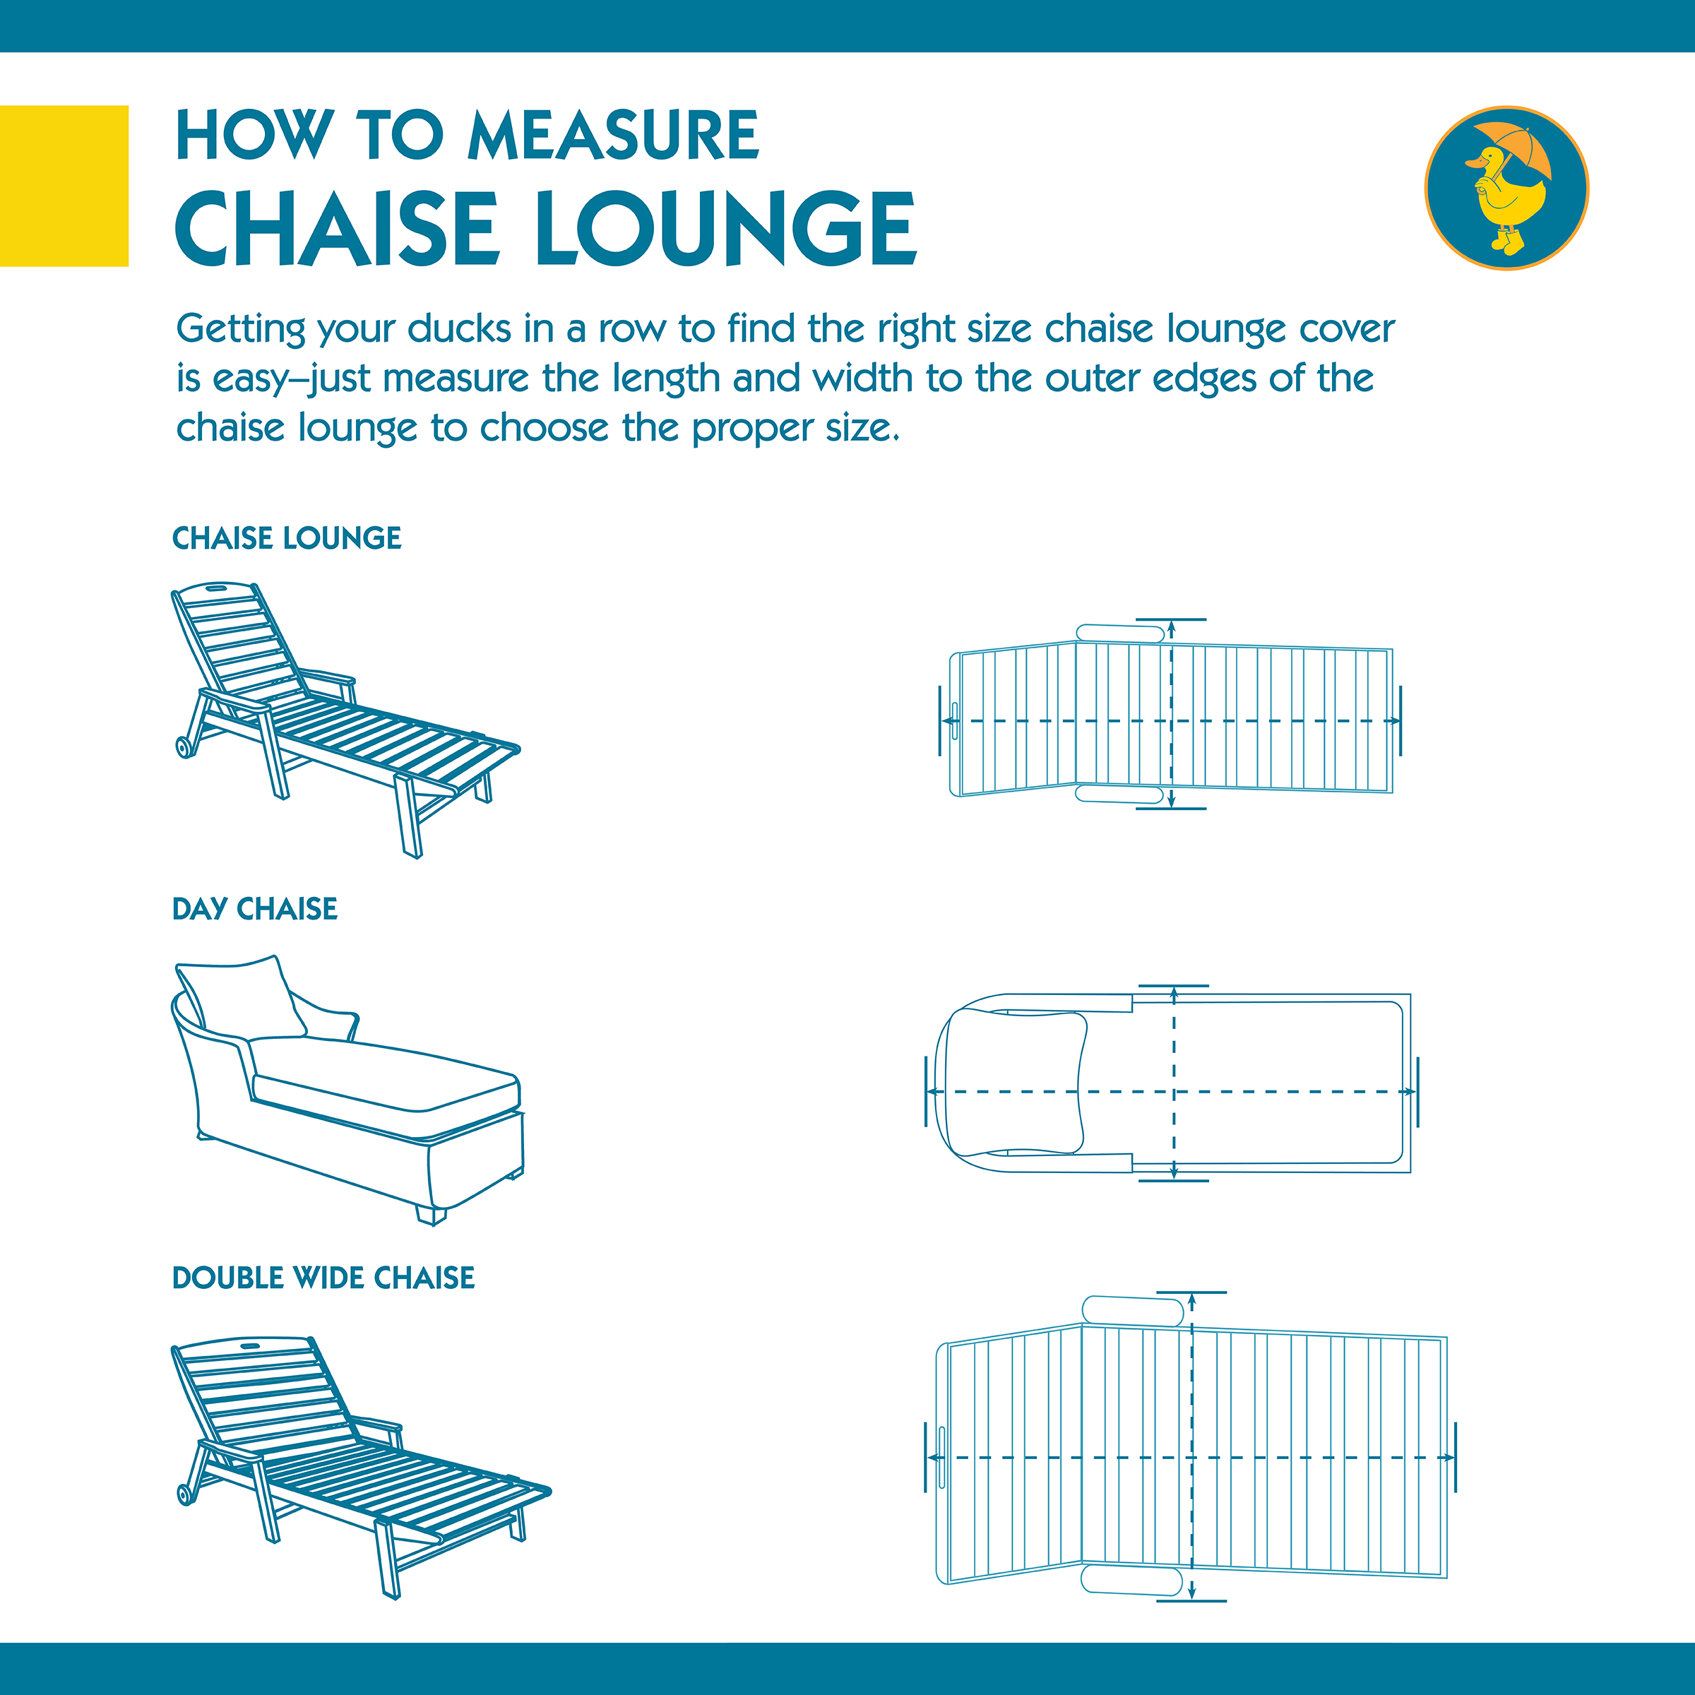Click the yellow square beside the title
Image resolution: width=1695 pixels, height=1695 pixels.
point(64,185)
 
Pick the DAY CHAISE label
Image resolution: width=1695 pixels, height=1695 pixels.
point(254,909)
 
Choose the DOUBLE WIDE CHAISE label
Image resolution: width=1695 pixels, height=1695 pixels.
point(323,1278)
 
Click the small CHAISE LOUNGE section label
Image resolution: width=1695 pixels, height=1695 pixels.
point(287,537)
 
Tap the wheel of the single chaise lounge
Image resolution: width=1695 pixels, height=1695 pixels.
point(185,747)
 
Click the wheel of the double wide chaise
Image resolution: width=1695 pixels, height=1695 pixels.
point(186,1494)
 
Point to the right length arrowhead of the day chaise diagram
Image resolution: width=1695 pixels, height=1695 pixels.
point(1408,1091)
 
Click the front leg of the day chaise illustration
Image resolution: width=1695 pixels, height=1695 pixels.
point(431,1215)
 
